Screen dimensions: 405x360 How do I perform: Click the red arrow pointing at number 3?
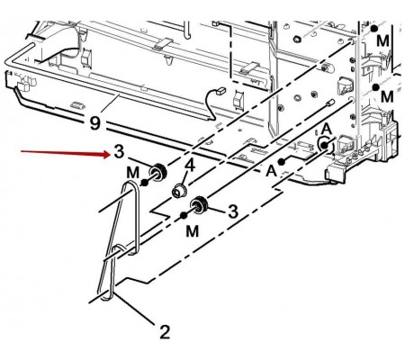click(65, 153)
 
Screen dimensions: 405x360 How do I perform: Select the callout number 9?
click(94, 123)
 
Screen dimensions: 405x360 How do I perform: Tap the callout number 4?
click(190, 166)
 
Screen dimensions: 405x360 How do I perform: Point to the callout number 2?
click(165, 332)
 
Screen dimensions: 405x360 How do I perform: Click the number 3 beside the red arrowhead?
click(119, 151)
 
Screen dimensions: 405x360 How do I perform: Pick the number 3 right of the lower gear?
click(233, 211)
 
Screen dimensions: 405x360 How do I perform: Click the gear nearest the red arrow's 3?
click(158, 173)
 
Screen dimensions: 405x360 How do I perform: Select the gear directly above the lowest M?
click(199, 205)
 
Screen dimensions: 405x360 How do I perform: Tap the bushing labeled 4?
click(179, 191)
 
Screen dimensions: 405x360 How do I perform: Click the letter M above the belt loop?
click(133, 173)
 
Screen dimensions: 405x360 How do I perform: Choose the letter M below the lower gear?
click(193, 231)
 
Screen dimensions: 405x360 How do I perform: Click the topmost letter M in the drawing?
click(382, 40)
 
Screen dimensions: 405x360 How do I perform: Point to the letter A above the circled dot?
click(327, 130)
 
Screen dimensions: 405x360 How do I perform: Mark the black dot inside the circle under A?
click(324, 146)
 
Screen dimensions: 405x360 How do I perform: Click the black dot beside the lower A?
click(281, 162)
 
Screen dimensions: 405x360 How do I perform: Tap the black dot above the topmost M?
click(373, 29)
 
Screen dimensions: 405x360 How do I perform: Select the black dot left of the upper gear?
click(145, 183)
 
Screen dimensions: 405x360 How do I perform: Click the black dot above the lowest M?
click(184, 215)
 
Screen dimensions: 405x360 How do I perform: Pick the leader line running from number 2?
click(134, 310)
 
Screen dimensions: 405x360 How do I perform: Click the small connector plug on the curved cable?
click(222, 89)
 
